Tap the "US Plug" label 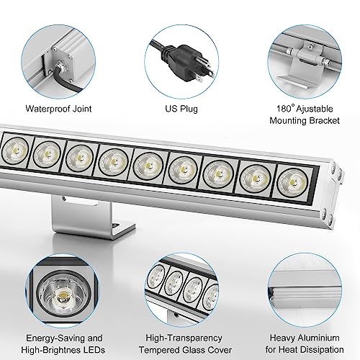click(x=180, y=110)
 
